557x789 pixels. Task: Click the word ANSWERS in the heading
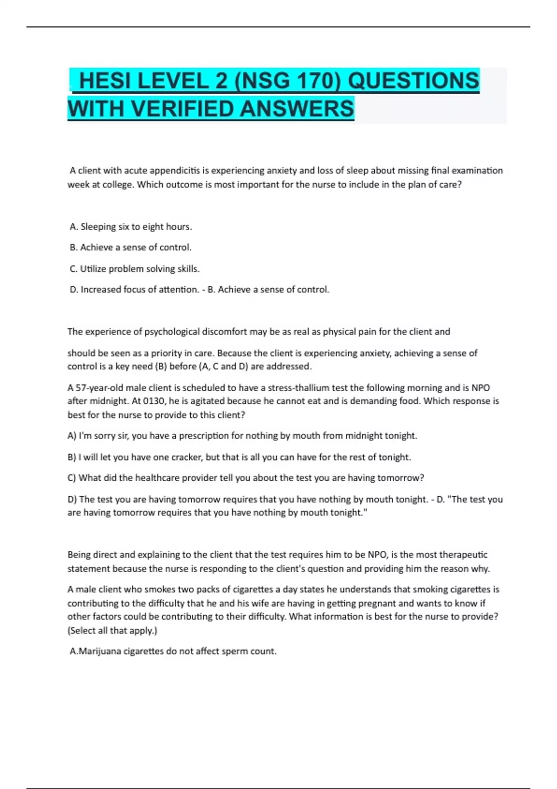tap(297, 109)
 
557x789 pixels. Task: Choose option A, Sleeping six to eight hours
tap(130, 226)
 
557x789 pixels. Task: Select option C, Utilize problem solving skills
tap(135, 269)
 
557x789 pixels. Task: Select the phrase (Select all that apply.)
tap(112, 630)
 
